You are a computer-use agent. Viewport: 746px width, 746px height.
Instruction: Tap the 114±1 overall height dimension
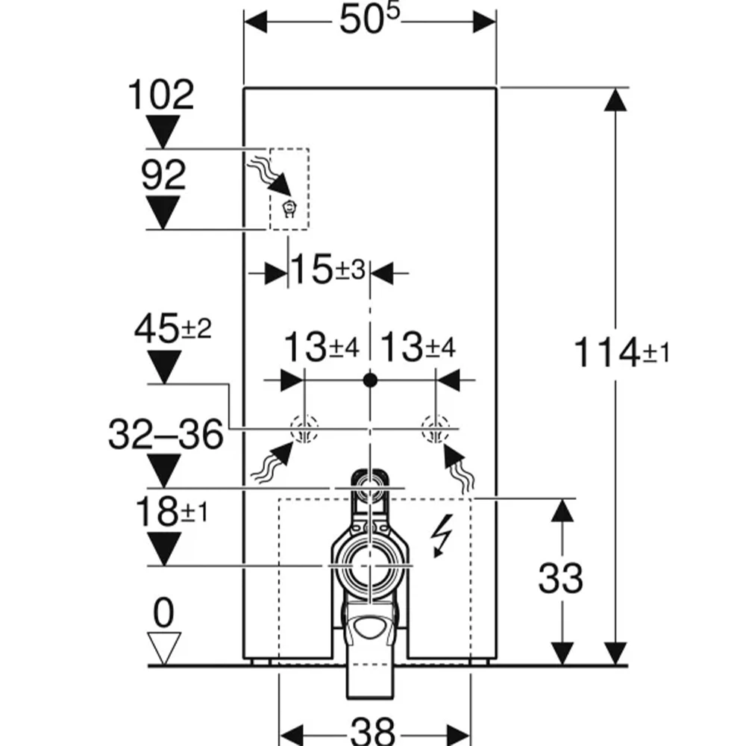(621, 353)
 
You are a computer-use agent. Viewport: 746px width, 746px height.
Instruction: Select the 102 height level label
(161, 95)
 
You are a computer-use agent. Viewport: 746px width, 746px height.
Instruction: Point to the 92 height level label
(163, 175)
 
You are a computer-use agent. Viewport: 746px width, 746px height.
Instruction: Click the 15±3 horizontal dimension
(327, 270)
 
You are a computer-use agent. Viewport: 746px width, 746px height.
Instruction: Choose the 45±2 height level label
(173, 328)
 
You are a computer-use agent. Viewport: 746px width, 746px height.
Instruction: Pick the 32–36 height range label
(166, 434)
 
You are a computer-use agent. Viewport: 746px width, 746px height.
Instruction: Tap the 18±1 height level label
(172, 512)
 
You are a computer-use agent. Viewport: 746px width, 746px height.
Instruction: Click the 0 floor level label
(163, 612)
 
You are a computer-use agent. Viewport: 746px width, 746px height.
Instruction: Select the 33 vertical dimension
(560, 579)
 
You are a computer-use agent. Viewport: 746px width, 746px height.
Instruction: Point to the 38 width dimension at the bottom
(373, 731)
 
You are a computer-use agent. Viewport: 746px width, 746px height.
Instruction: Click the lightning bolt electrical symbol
(442, 535)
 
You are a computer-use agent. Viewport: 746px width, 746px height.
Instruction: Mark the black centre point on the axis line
(370, 380)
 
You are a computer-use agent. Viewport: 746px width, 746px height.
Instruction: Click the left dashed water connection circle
(304, 428)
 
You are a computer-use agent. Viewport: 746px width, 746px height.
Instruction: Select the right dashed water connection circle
(436, 428)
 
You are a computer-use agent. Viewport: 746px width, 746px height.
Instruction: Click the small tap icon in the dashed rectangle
(289, 209)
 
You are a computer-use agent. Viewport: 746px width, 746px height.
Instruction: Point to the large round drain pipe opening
(370, 566)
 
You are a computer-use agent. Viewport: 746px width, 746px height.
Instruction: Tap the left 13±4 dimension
(322, 347)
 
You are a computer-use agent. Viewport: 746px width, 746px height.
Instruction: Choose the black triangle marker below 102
(163, 131)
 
